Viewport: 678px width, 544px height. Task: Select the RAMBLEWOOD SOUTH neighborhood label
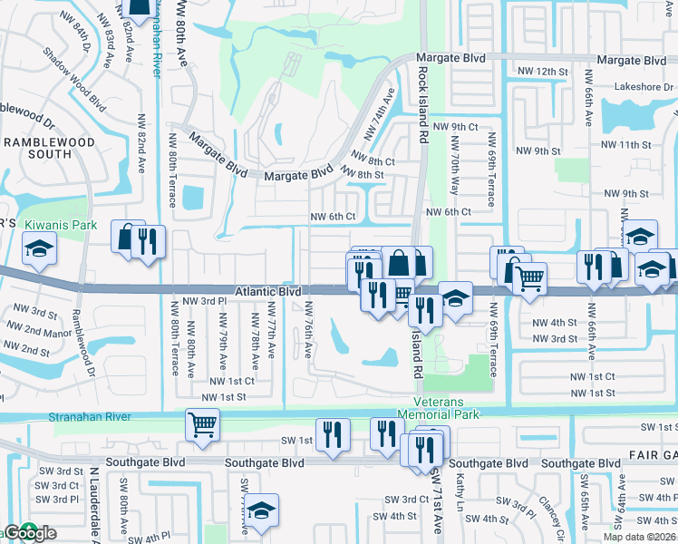[48, 148]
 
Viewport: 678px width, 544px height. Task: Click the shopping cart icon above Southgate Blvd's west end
[202, 423]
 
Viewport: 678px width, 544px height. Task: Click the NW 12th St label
[542, 71]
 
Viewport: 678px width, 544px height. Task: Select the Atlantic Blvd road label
[269, 292]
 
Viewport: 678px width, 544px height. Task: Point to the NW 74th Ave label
[380, 113]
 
